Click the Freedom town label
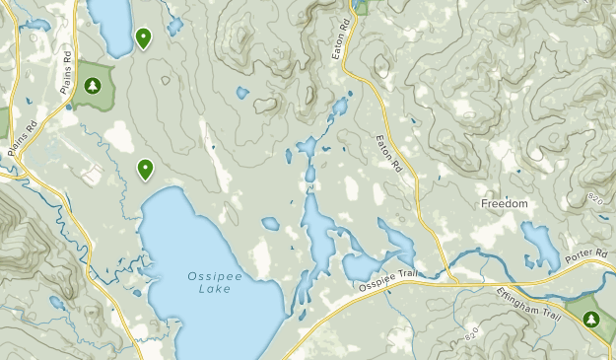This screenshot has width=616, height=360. (505, 204)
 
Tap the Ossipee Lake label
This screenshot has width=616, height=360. (208, 282)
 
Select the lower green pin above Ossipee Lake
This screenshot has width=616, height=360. (145, 169)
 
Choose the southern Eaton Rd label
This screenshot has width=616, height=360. (389, 155)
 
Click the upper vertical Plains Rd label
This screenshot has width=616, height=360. (66, 71)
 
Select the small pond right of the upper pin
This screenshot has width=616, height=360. (174, 27)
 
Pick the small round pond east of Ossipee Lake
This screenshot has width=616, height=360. (270, 224)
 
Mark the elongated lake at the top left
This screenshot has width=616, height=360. (110, 25)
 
